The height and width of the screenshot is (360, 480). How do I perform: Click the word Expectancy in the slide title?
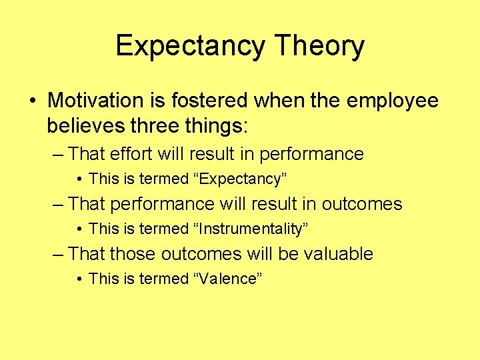(x=191, y=47)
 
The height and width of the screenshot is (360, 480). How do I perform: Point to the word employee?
(x=393, y=101)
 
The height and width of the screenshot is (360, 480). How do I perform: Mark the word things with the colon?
(x=201, y=125)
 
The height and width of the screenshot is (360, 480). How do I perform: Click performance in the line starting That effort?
(x=312, y=154)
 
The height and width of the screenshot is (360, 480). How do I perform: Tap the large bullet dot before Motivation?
(x=33, y=101)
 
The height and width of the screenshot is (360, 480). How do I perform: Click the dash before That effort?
(x=58, y=155)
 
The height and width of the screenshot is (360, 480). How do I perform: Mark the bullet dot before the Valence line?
(x=79, y=279)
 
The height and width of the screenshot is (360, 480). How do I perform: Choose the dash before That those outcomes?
(x=58, y=255)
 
